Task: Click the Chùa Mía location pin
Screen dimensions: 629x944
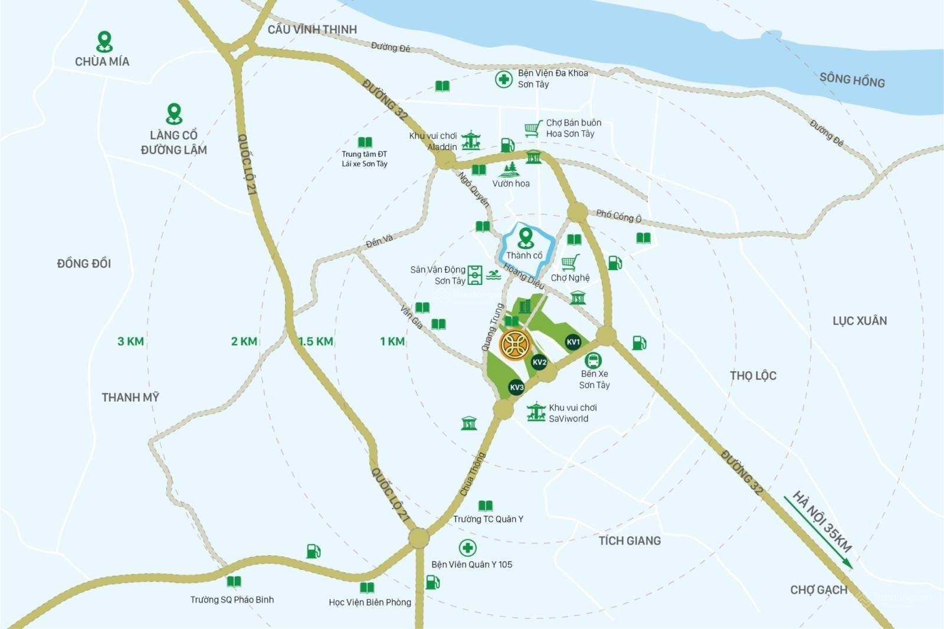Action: click(x=104, y=41)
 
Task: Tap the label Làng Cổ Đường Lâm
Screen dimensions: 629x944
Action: click(x=173, y=142)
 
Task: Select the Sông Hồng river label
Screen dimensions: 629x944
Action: click(x=851, y=80)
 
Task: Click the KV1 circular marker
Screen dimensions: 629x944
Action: click(x=573, y=342)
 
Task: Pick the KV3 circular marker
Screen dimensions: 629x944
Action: click(x=516, y=387)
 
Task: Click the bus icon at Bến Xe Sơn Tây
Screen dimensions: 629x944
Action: click(x=593, y=360)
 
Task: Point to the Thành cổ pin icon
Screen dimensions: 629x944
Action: click(x=525, y=238)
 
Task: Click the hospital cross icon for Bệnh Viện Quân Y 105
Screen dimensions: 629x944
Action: click(x=467, y=548)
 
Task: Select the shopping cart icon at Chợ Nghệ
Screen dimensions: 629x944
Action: click(x=570, y=262)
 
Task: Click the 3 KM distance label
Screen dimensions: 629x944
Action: click(x=130, y=341)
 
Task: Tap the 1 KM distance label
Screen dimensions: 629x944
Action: click(x=392, y=341)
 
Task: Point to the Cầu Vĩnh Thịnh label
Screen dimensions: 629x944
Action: click(x=312, y=29)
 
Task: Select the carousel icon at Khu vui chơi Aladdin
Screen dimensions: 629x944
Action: click(x=471, y=140)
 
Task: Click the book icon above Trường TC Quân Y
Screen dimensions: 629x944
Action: click(x=486, y=506)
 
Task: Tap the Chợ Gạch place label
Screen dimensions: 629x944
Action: click(x=818, y=589)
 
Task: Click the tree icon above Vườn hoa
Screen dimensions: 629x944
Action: click(x=509, y=170)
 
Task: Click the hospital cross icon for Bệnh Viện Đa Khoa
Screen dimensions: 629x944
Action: click(x=503, y=79)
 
